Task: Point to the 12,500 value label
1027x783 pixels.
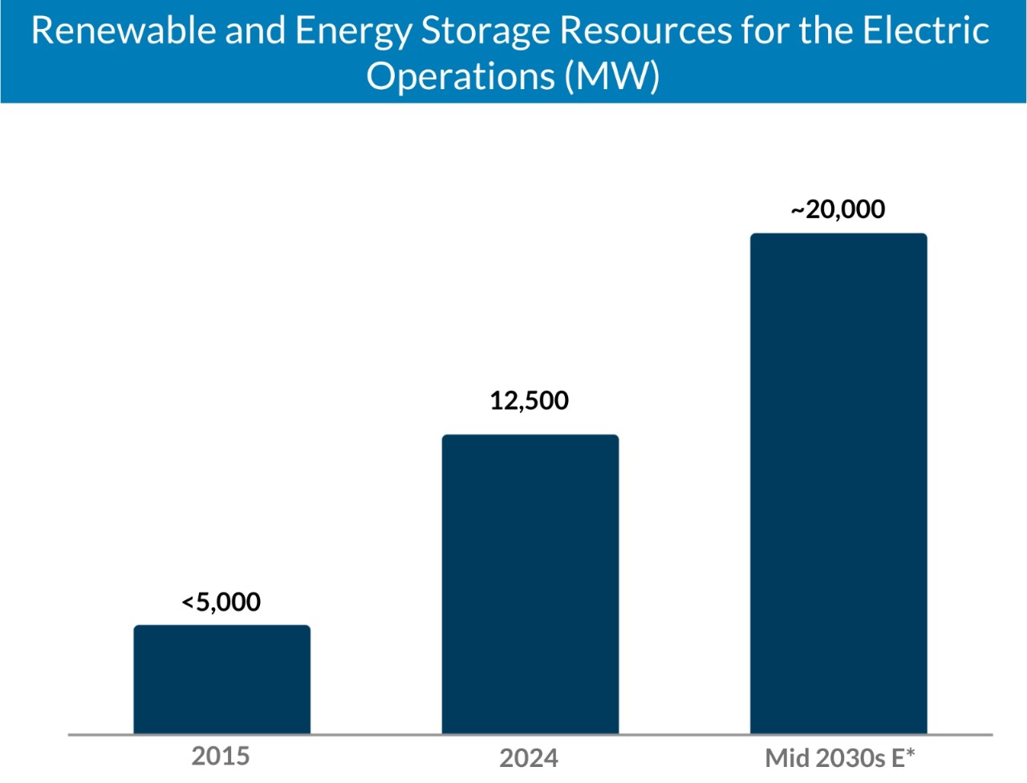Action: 530,400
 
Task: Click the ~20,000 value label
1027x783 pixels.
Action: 838,209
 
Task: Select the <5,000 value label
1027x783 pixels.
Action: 221,602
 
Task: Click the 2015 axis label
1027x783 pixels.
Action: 221,756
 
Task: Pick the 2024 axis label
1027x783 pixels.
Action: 529,757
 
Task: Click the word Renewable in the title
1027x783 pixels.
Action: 124,30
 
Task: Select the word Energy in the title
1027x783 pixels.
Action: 353,32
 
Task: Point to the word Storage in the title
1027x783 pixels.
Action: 485,32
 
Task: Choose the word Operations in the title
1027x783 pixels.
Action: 461,77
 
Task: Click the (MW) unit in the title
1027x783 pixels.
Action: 612,77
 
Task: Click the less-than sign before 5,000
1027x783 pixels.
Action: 188,602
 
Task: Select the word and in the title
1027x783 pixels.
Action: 255,30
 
